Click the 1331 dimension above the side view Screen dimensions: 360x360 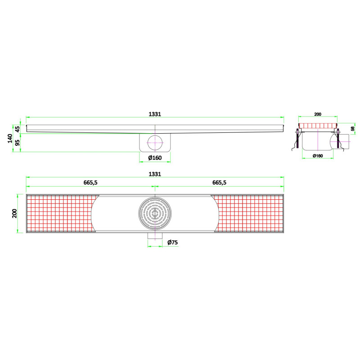pos(155,114)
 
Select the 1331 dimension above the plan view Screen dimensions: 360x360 pos(155,174)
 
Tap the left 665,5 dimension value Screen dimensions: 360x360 pos(90,183)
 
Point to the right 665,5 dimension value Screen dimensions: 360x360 pos(219,183)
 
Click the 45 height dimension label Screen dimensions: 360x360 pos(18,129)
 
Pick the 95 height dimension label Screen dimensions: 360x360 pos(18,143)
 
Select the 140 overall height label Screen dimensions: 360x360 pos(10,139)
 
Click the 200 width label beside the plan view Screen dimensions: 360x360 pos(14,213)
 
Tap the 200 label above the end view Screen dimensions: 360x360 pos(318,114)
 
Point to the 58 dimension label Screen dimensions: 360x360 pos(353,129)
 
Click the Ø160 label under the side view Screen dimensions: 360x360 pos(155,158)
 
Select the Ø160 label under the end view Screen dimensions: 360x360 pos(318,156)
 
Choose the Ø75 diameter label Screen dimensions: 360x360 pos(172,242)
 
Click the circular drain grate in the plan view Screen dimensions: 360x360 pos(155,213)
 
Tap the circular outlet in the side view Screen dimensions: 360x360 pos(155,143)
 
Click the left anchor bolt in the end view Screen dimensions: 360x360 pos(297,139)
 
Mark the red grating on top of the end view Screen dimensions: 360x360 pos(318,126)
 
